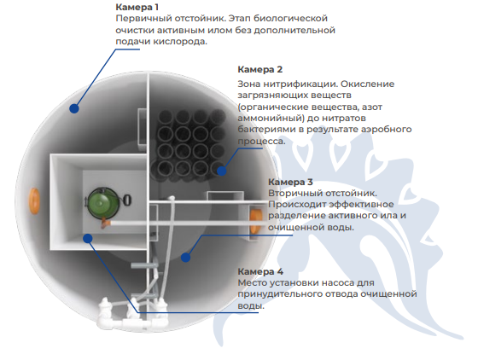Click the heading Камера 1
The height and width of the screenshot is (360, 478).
coord(137,7)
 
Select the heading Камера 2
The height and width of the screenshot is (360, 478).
coord(260,69)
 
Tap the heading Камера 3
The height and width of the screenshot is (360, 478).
coord(290,182)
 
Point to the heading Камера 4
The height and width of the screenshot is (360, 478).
coord(260,271)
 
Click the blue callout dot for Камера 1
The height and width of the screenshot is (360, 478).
coord(74,108)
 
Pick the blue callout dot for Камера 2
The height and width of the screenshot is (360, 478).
coord(222,171)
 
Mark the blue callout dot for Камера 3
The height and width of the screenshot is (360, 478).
coord(185,258)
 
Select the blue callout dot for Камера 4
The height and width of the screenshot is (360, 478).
coord(88,238)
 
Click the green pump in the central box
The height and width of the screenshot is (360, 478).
coord(102,203)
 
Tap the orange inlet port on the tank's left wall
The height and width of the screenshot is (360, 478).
coord(34,201)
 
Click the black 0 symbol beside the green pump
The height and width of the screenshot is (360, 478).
coord(127,200)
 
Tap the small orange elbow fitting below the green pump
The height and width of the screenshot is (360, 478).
coord(106,224)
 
